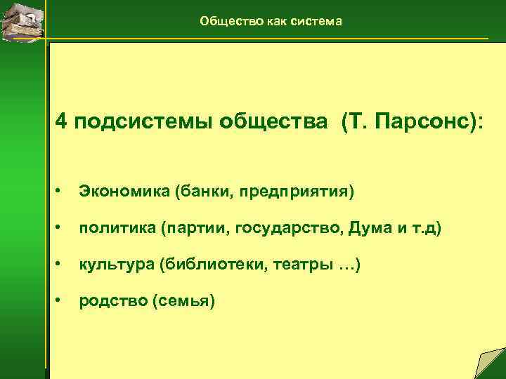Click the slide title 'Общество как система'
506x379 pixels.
tap(271, 21)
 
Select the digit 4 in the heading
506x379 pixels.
tap(63, 122)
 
